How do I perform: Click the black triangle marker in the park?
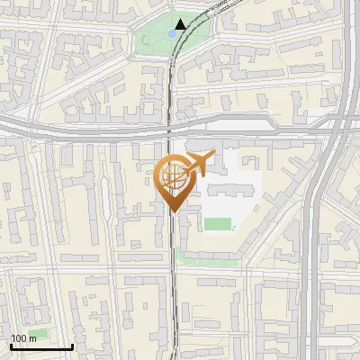(181, 24)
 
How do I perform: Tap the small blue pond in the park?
(171, 33)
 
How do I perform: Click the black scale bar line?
(41, 346)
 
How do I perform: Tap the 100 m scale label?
(23, 338)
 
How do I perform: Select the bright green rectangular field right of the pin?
(216, 224)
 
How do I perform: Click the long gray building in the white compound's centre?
(225, 189)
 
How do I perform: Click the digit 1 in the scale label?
(13, 338)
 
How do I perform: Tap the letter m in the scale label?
(32, 338)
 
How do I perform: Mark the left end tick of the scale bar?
(11, 345)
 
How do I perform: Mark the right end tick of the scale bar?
(72, 345)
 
